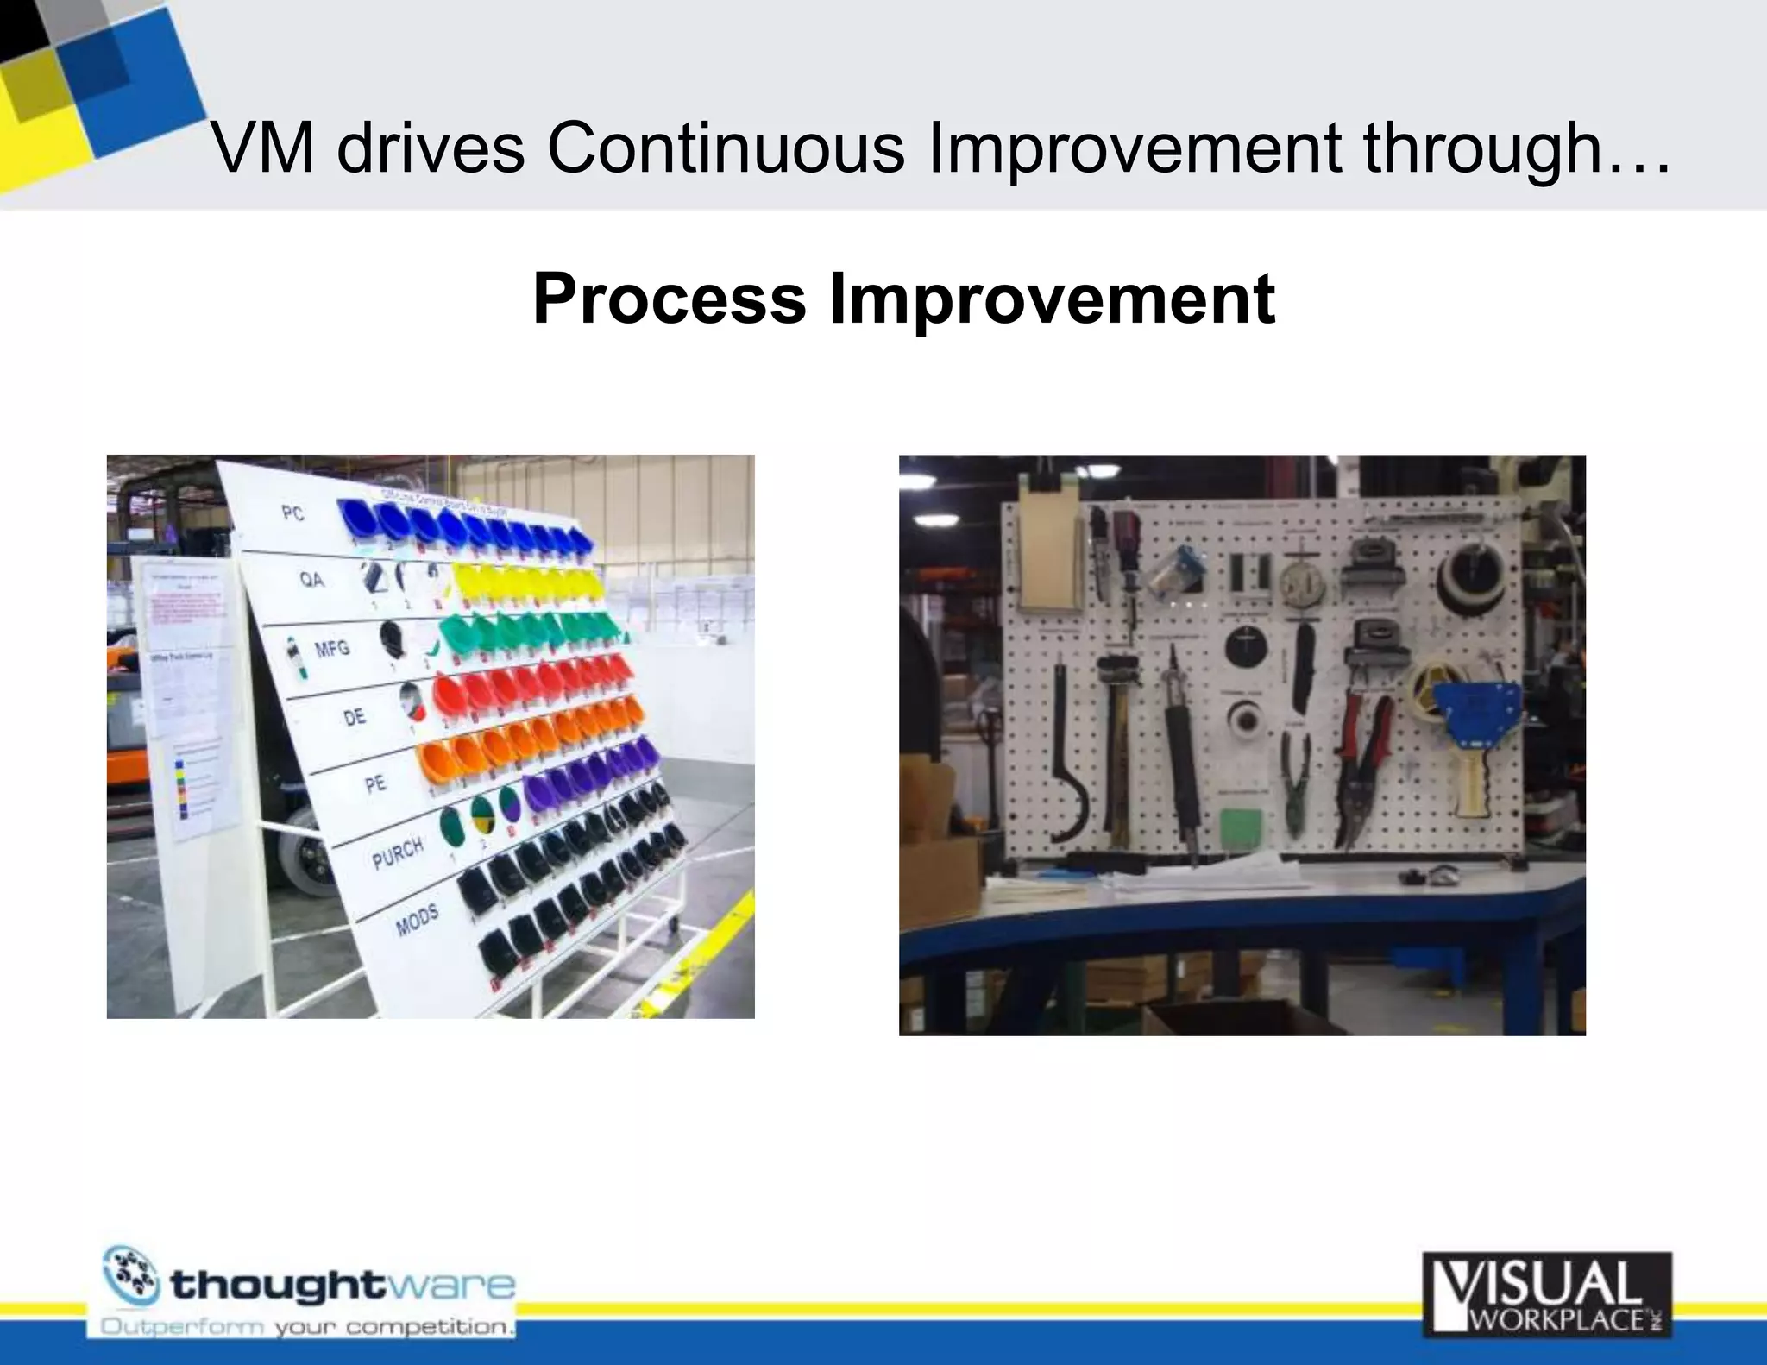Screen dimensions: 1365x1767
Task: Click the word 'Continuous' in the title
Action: (x=725, y=148)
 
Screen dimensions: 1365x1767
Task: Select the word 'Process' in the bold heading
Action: (x=669, y=299)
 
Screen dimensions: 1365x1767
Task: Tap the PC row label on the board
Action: (x=293, y=513)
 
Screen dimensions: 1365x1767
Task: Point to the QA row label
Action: (x=311, y=580)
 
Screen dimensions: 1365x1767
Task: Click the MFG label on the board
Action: (x=332, y=648)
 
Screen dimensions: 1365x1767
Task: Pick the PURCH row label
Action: (x=398, y=853)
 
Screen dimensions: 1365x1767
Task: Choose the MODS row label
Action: (x=417, y=921)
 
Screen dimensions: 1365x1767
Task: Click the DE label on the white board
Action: (x=355, y=717)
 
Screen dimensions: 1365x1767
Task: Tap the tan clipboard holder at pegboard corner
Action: (x=1050, y=557)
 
